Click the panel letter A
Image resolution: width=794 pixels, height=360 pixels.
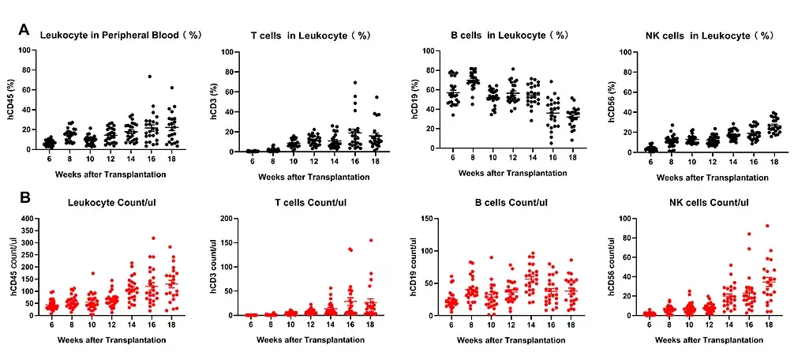24,30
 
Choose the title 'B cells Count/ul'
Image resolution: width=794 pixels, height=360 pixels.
503,203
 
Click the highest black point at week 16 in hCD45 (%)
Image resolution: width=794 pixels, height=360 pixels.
149,77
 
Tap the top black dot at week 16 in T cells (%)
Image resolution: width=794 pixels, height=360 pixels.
355,82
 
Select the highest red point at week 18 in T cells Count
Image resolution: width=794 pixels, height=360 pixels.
369,240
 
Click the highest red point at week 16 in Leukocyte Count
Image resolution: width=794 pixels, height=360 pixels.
152,238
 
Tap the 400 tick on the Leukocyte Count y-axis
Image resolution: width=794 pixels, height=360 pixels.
27,219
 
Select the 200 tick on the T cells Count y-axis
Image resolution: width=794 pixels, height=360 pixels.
226,219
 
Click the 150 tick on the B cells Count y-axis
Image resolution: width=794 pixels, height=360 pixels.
426,219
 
